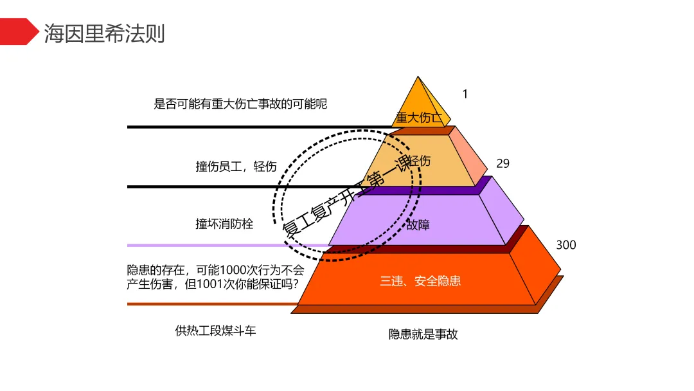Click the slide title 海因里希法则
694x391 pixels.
104,32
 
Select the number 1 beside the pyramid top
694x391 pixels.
465,94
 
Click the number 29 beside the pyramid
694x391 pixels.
503,163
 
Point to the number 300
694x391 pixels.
565,245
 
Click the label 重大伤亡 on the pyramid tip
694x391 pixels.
419,118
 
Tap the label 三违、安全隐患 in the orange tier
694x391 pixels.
420,281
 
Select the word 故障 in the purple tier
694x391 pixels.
418,225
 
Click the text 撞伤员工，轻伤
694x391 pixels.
236,167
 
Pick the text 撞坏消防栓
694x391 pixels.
224,224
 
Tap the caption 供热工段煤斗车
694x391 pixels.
215,331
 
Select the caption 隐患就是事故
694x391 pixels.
423,334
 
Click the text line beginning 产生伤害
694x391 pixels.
213,284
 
